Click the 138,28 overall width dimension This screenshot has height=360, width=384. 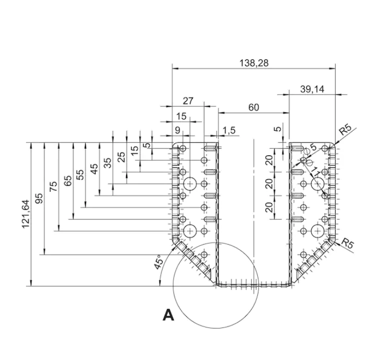[253, 63]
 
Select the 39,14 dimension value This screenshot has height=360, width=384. [313, 89]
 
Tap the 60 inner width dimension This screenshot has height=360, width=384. [253, 107]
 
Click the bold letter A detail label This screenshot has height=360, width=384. [169, 316]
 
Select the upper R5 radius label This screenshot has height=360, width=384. [345, 129]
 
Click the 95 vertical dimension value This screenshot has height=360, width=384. [40, 198]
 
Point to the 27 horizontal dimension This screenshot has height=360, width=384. [188, 101]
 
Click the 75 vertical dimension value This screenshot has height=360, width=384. [54, 186]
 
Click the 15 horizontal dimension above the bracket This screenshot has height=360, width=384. [182, 116]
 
